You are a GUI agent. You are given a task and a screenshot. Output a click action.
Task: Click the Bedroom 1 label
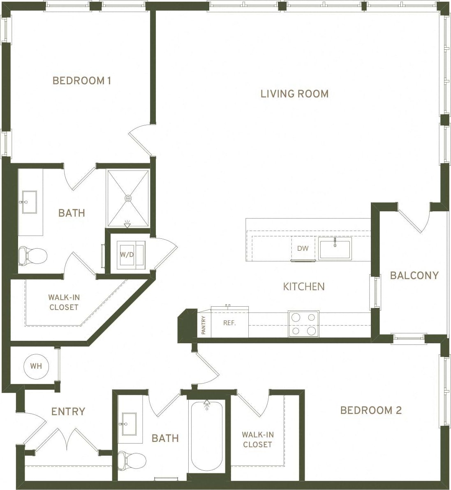(x=82, y=81)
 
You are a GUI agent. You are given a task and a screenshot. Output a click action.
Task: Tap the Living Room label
(x=294, y=94)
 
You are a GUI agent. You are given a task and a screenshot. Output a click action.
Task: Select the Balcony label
(x=414, y=275)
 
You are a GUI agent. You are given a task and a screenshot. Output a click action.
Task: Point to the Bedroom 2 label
(x=371, y=410)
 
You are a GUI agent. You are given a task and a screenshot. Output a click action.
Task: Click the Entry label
(x=68, y=411)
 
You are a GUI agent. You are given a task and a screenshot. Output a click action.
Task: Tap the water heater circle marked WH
(x=36, y=366)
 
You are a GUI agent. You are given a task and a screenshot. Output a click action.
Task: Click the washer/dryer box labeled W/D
(x=127, y=255)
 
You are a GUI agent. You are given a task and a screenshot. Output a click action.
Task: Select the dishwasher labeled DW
(x=303, y=249)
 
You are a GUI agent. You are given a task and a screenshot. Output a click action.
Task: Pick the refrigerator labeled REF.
(x=229, y=323)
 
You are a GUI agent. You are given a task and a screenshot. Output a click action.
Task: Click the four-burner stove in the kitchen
(x=303, y=324)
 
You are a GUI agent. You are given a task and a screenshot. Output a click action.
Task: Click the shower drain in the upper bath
(x=128, y=198)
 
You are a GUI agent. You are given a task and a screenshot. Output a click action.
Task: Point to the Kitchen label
(x=304, y=287)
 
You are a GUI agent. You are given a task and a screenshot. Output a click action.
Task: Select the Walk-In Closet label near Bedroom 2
(x=257, y=439)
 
